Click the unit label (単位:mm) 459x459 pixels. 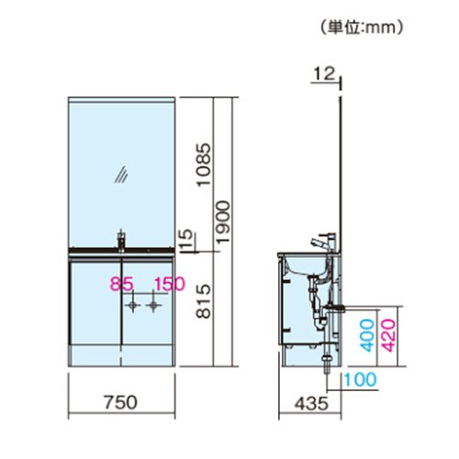coord(362,28)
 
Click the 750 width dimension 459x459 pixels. coord(121,402)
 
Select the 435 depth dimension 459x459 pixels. coord(311,404)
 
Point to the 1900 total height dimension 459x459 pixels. coord(223,222)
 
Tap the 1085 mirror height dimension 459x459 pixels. coord(204,164)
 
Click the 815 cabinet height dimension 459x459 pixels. coord(204,301)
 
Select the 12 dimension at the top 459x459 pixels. coord(324,73)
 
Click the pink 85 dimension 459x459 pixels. coord(121,284)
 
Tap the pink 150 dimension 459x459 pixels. coord(170,284)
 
